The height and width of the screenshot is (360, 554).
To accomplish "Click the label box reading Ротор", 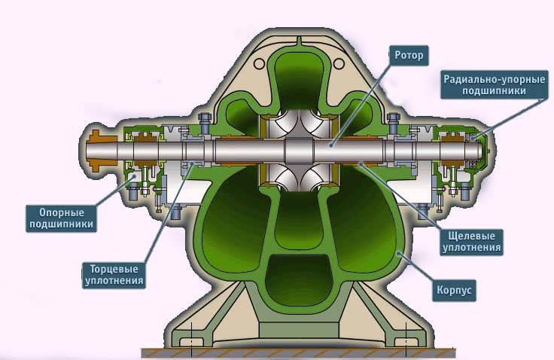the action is (x=409, y=56).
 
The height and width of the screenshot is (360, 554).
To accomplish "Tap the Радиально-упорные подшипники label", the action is (x=495, y=85).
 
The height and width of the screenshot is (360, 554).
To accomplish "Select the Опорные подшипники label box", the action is (x=61, y=218).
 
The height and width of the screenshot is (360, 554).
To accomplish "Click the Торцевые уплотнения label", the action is (x=114, y=275).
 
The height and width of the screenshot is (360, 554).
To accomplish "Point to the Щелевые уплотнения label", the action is (x=471, y=242).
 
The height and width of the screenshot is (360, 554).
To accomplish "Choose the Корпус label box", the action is (x=454, y=290).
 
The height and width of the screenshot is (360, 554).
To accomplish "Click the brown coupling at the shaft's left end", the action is (x=102, y=151).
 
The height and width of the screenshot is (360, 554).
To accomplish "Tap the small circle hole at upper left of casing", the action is (x=260, y=64).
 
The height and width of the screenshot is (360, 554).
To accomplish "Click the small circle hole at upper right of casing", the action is (x=339, y=64).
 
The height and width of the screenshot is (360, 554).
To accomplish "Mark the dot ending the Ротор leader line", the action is (x=331, y=145).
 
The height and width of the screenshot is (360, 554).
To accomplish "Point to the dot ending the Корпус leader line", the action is (x=398, y=253).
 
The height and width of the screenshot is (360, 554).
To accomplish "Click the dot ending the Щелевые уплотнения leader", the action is (x=361, y=163).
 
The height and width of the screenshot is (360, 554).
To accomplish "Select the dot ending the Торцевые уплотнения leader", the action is (x=192, y=163).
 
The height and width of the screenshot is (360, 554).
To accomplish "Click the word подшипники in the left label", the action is (x=61, y=224).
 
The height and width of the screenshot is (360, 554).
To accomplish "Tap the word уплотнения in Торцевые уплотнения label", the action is (x=114, y=281).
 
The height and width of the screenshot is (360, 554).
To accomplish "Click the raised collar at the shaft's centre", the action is (x=299, y=151).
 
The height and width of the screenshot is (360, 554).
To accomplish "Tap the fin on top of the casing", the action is (x=299, y=41).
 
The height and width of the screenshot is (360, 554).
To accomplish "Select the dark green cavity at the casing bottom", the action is (x=300, y=279).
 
